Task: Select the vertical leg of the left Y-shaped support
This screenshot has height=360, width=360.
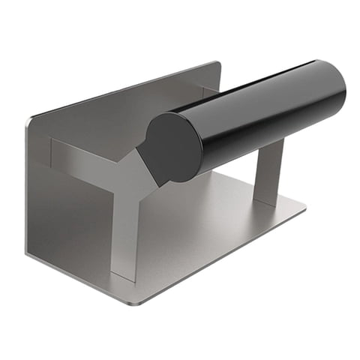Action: (124, 232)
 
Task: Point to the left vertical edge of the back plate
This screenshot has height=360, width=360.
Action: (28, 187)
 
